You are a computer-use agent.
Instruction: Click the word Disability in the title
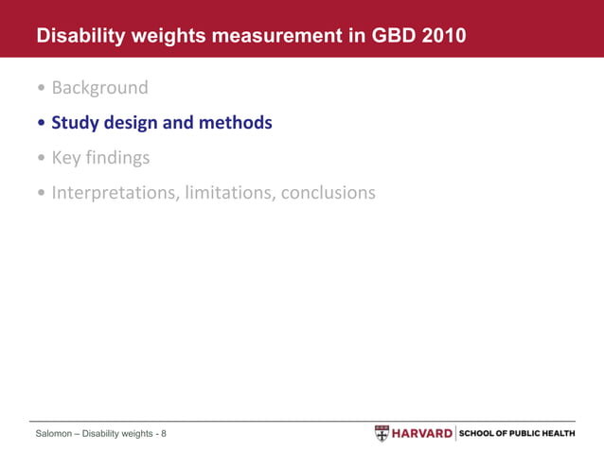pos(79,37)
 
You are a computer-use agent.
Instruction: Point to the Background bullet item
pos(99,88)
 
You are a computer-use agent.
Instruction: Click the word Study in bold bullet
pos(77,123)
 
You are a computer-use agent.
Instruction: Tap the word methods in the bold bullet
pos(238,123)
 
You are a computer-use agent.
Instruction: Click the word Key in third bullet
pos(67,158)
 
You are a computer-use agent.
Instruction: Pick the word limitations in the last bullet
pos(230,193)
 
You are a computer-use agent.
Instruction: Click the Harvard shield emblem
pos(382,433)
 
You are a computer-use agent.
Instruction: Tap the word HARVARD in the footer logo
pos(422,433)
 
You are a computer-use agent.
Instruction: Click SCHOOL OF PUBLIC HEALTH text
pos(517,433)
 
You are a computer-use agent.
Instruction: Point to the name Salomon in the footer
pos(53,434)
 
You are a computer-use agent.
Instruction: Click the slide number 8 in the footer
pos(164,434)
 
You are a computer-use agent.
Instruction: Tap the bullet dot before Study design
pos(41,124)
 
